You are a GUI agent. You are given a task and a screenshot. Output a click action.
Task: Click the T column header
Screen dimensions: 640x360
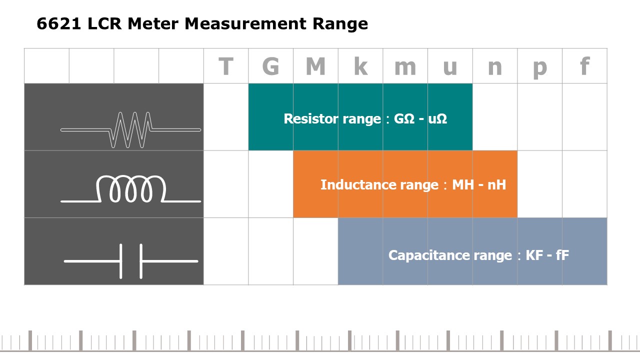coord(226,66)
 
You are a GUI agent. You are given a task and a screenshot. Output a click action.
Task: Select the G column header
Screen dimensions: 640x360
coord(270,66)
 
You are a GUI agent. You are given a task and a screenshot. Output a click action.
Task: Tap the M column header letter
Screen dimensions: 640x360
coord(315,66)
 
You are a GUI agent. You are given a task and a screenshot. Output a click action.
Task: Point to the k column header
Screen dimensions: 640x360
coord(360,66)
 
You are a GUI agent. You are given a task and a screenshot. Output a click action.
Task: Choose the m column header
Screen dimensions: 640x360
coord(405,68)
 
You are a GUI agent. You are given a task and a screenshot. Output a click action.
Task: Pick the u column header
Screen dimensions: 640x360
coord(450,68)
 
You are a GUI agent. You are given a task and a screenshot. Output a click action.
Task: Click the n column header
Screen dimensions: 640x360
coord(495,68)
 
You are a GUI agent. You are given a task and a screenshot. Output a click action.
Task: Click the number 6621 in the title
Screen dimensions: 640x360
coord(59,23)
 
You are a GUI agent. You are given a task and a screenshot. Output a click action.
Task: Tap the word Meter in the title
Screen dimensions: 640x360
coord(153,23)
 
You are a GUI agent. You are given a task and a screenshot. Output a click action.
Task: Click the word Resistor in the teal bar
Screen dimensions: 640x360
coord(311,119)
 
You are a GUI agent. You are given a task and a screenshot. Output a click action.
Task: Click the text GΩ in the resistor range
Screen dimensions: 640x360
coord(404,119)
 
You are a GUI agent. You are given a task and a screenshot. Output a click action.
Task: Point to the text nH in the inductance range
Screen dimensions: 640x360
coord(496,185)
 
